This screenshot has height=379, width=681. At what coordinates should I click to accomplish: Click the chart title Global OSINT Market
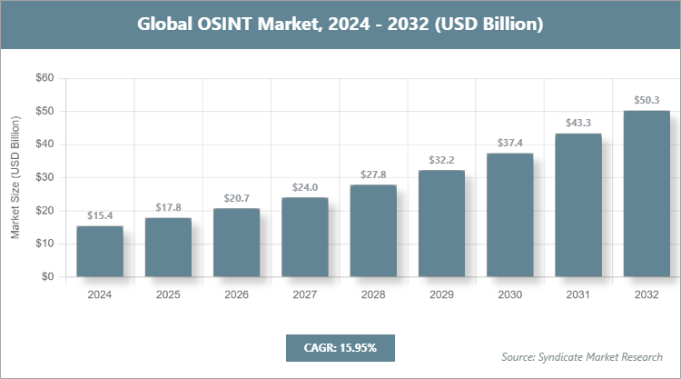point(340,25)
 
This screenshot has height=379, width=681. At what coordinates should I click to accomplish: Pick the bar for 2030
point(509,215)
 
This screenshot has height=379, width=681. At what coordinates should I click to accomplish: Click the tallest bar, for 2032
point(646,194)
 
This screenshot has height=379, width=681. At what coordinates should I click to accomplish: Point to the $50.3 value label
point(646,100)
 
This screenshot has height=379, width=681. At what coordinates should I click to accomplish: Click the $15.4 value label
point(100,215)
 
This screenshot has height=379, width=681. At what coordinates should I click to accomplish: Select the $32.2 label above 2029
point(441,160)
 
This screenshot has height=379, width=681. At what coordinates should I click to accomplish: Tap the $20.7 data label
point(236,198)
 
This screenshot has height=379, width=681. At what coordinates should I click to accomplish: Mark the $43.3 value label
point(578,123)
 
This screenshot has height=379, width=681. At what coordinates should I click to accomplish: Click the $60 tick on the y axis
point(43,78)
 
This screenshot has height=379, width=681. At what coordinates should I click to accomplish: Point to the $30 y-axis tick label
point(43,177)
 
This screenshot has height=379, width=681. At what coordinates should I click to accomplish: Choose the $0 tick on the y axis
point(46,277)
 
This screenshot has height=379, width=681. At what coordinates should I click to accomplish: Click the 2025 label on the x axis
point(168,294)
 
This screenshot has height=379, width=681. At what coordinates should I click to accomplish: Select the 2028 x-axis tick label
point(373,294)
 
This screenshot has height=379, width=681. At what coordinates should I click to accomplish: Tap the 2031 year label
point(578,294)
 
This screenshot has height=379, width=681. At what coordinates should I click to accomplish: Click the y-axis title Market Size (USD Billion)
point(15,178)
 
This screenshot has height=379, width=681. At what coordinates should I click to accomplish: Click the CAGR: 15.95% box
point(340,347)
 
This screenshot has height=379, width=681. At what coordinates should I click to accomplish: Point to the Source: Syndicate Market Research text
point(582,356)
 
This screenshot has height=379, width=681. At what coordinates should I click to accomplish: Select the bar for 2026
point(236,243)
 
